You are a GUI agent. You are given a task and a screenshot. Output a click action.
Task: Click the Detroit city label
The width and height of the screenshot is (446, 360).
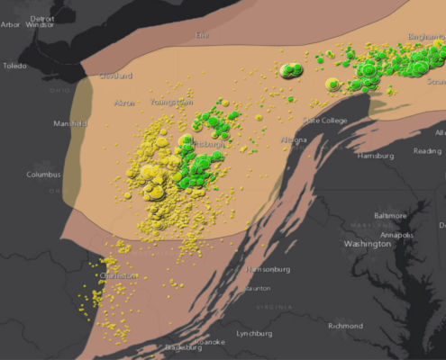click(41, 18)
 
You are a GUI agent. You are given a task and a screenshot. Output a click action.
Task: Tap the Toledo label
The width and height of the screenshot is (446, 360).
click(14, 66)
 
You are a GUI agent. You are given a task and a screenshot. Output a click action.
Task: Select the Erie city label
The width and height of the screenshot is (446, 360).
click(201, 35)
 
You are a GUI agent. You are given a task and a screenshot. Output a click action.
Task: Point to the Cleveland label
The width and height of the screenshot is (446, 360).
click(115, 76)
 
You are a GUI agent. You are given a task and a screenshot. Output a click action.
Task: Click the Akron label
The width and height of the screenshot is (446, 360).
click(124, 103)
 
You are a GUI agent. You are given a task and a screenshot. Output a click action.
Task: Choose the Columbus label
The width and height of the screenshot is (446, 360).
click(42, 174)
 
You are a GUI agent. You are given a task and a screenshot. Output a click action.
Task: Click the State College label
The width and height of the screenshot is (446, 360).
click(325, 120)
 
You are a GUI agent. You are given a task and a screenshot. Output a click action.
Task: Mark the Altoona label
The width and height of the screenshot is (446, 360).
click(293, 140)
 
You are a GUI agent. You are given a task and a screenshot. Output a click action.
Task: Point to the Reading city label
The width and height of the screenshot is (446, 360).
click(427, 151)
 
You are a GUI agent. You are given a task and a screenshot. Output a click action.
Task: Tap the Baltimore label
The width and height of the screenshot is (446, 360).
click(391, 216)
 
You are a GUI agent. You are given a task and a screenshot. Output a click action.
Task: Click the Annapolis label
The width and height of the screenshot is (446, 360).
click(396, 235)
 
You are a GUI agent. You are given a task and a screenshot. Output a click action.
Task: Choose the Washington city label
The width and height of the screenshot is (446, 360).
click(367, 244)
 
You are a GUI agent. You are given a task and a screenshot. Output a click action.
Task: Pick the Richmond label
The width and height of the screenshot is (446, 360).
click(346, 326)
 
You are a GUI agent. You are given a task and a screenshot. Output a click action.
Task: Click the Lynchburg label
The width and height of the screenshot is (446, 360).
click(254, 333)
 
